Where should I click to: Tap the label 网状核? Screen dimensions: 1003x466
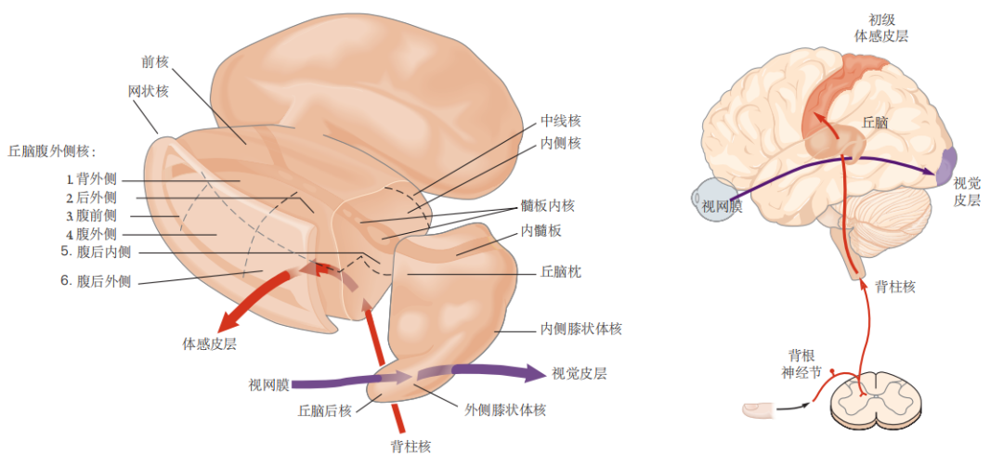(x=149, y=91)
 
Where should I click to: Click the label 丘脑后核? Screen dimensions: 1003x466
(x=324, y=410)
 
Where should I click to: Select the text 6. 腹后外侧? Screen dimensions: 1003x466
(x=96, y=281)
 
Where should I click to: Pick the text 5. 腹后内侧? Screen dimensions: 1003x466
(x=96, y=252)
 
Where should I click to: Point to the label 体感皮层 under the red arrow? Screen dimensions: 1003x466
(x=210, y=344)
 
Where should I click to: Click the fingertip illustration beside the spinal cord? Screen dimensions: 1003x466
(x=760, y=408)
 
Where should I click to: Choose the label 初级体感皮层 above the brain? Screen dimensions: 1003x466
(x=880, y=28)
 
